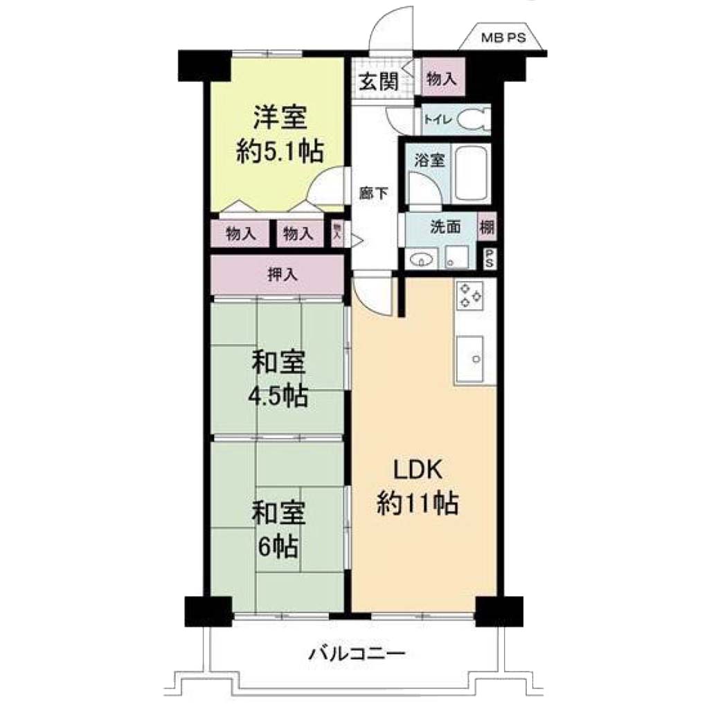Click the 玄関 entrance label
click(379, 82)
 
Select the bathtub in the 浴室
click(471, 174)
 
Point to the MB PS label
click(503, 37)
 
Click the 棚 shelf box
click(487, 227)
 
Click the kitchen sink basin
click(470, 359)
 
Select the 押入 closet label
click(282, 274)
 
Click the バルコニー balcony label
click(357, 654)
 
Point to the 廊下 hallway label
click(373, 193)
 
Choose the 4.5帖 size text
click(278, 397)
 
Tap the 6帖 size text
click(278, 547)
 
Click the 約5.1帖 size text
click(280, 151)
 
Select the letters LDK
click(418, 470)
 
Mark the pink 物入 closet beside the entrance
click(443, 77)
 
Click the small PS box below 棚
click(489, 259)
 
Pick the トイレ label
click(438, 120)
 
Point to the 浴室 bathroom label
click(429, 161)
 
